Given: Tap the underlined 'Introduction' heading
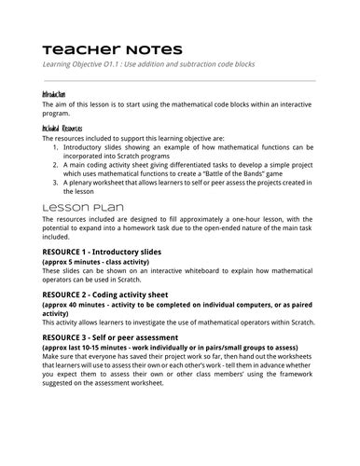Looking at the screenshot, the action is pyautogui.click(x=54, y=95).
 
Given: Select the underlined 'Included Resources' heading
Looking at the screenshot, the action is pyautogui.click(x=62, y=126).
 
